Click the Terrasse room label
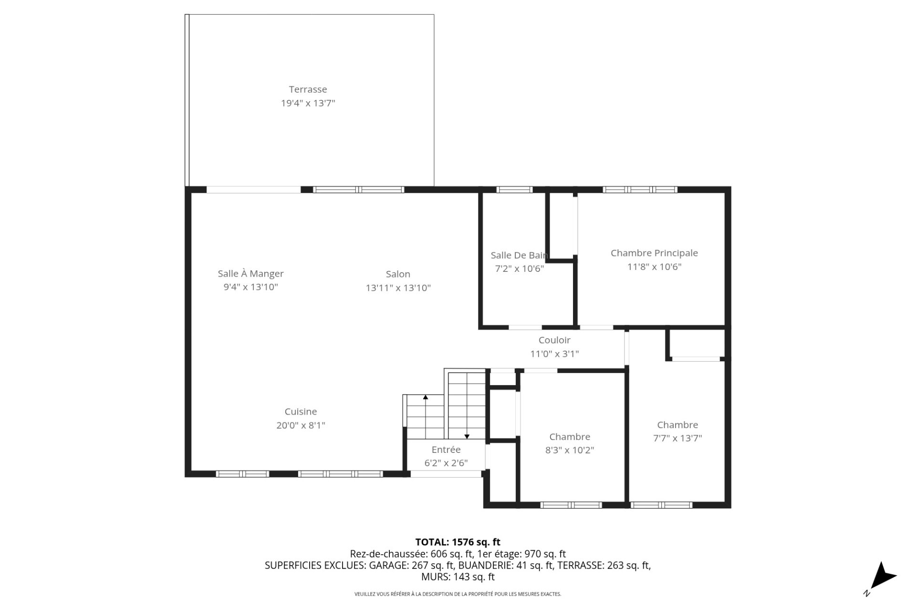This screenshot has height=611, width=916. (308, 89)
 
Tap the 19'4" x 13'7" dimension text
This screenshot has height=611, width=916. (308, 103)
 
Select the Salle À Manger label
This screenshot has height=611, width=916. (250, 274)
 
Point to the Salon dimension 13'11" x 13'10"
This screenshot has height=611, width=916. (398, 288)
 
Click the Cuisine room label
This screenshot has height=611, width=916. (301, 412)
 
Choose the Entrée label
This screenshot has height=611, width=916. (446, 450)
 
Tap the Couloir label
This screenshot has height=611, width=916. (554, 340)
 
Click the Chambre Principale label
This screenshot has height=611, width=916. (654, 253)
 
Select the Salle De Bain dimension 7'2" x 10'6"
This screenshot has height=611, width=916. (519, 269)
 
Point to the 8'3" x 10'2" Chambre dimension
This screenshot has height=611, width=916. (570, 450)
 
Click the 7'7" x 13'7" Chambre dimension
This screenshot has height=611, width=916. (677, 438)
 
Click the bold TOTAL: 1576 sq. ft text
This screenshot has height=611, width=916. (458, 542)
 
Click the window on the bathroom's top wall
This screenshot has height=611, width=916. (514, 190)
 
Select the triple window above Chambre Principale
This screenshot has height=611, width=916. (640, 190)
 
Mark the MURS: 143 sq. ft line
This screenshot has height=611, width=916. (458, 577)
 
